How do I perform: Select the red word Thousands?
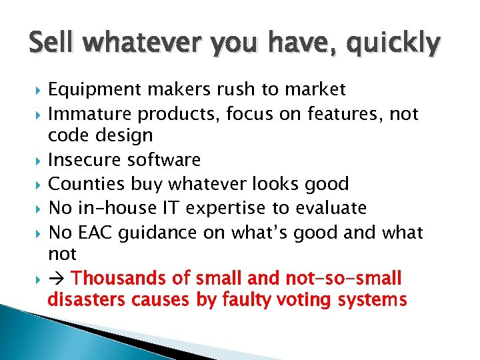point(119,277)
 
